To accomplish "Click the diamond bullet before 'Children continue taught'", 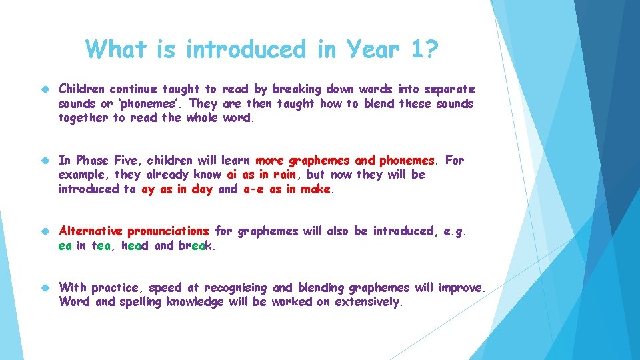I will (45, 89).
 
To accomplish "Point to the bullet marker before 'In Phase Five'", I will (45, 160).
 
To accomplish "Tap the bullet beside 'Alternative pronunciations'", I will (45, 231).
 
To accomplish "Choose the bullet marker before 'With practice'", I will (45, 288).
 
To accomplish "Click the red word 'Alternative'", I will (91, 231).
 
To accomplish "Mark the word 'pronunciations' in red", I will (168, 231).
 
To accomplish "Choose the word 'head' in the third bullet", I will (136, 245).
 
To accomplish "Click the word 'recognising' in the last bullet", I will (235, 288).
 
